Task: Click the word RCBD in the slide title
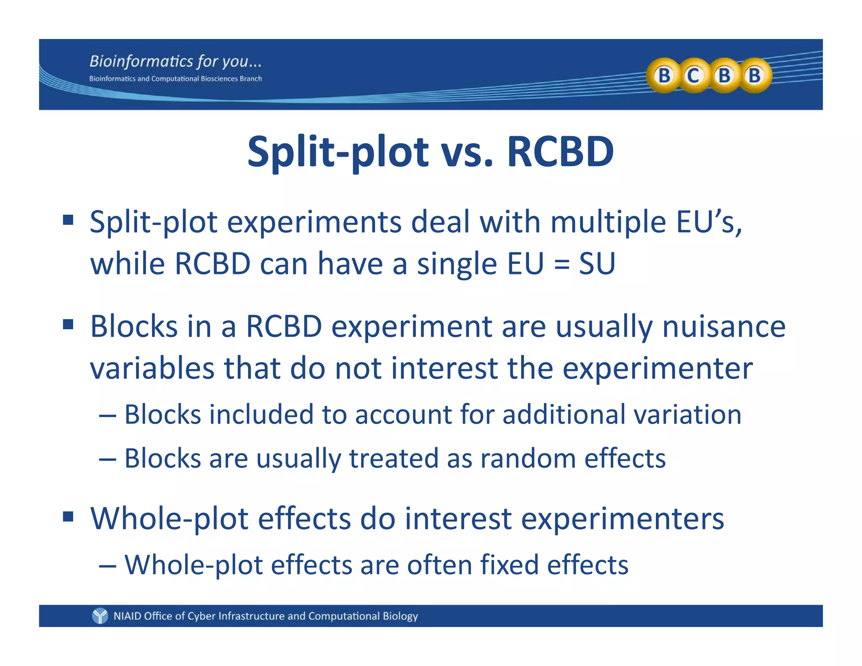tap(560, 152)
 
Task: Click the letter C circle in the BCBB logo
tap(693, 76)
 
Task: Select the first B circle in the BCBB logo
tap(664, 76)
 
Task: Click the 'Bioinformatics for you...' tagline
tap(176, 61)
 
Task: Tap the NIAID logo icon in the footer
tap(100, 616)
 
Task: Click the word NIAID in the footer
tap(127, 616)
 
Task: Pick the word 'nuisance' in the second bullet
tap(724, 327)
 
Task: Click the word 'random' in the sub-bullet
tap(528, 458)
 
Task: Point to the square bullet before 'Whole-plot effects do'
tap(68, 517)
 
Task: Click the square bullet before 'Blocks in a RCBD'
tap(68, 325)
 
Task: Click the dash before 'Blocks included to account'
tap(107, 416)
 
